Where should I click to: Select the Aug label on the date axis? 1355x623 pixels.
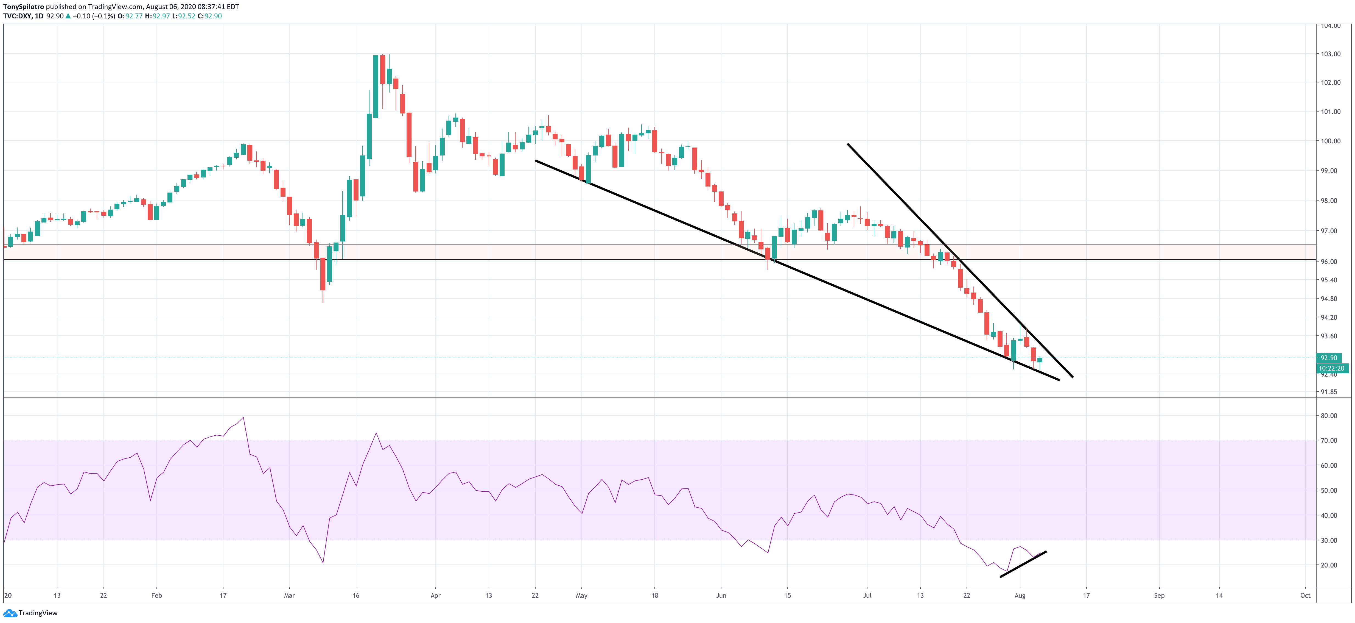point(1020,596)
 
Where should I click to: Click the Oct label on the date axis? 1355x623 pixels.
point(1305,596)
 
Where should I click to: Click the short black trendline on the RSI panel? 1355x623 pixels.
point(1023,564)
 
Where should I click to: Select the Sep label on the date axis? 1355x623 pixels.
point(1159,596)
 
